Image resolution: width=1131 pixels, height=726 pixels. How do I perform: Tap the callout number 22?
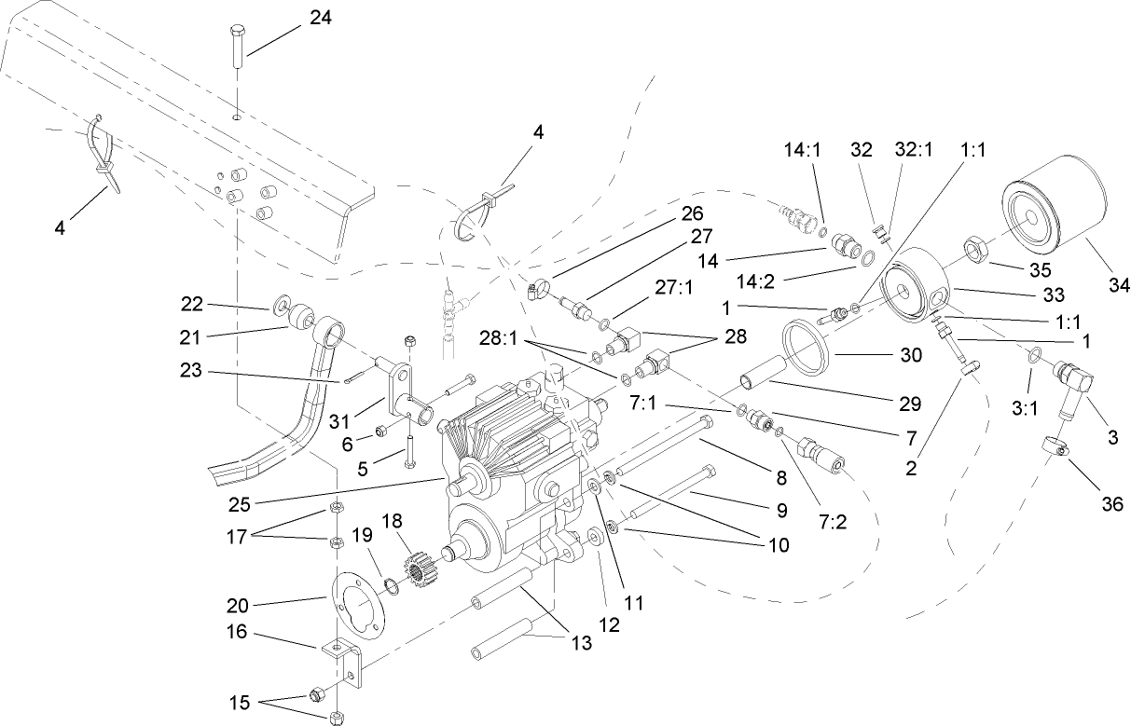pyautogui.click(x=192, y=304)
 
